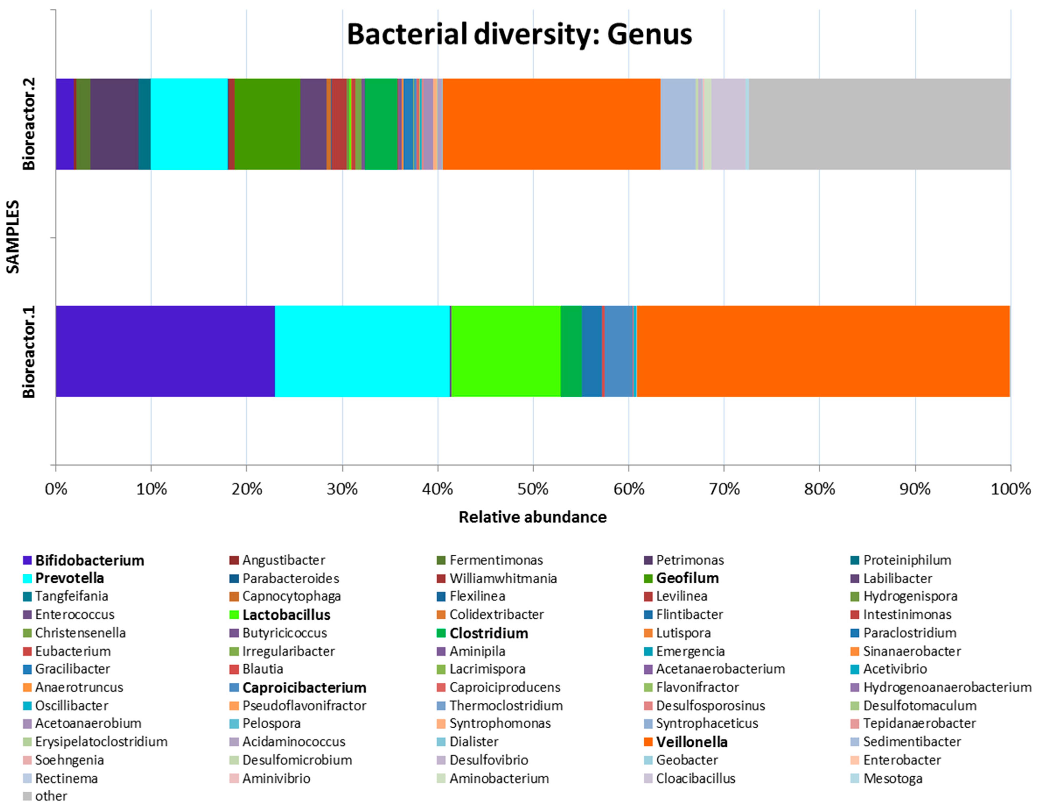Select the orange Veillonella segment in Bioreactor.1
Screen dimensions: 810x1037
click(x=822, y=351)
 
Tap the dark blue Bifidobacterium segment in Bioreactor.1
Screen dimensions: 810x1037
click(x=165, y=351)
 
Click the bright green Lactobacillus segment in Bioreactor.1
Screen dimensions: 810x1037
click(x=506, y=351)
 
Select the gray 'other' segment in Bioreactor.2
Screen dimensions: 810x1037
click(x=879, y=124)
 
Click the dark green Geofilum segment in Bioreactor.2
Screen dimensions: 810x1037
click(x=267, y=124)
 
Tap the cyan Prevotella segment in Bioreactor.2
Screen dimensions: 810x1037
click(x=189, y=124)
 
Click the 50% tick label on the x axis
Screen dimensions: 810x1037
click(x=533, y=489)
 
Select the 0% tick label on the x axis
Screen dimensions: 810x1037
click(x=56, y=489)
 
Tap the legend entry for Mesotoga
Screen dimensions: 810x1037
click(x=892, y=778)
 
